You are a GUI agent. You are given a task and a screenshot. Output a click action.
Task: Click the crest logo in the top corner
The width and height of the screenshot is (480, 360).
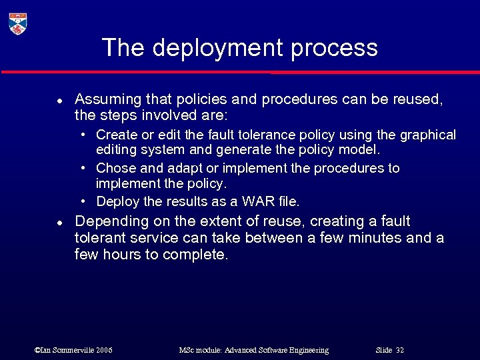point(18,24)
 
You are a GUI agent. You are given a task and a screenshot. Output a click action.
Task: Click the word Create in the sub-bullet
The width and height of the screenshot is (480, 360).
point(115,135)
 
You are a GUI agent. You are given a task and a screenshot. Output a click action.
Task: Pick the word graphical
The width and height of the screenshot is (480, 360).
point(428,135)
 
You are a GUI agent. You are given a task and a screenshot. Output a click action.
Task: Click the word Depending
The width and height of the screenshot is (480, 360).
point(109,221)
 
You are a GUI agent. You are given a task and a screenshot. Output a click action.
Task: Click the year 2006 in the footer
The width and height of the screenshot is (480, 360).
point(104,350)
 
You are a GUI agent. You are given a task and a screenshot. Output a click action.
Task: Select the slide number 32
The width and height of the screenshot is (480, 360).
point(400,350)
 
